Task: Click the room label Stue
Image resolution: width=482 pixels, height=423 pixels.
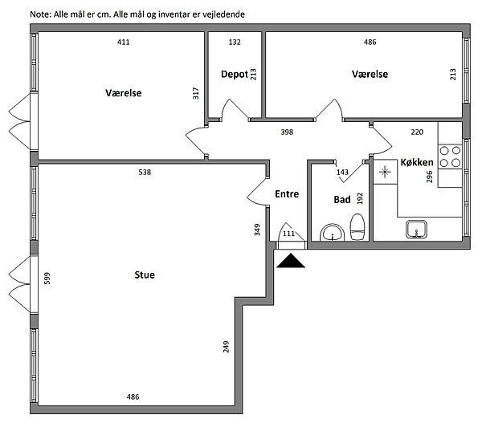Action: coord(145,275)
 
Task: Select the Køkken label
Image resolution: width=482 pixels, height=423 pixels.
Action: coord(417,163)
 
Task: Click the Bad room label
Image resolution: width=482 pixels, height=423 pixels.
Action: coord(342,199)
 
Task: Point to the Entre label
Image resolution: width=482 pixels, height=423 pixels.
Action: coord(288,194)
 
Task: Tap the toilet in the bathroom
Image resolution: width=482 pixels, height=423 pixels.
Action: coord(358,228)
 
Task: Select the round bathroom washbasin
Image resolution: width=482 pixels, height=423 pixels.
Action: coord(331,234)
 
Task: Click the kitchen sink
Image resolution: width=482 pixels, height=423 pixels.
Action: coord(415,230)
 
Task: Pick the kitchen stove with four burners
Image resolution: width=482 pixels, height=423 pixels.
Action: coord(450,156)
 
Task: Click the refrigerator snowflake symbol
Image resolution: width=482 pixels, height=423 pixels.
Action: coord(386,171)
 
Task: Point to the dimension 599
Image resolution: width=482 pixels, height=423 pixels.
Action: coord(47,279)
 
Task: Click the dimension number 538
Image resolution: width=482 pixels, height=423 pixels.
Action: coord(145,172)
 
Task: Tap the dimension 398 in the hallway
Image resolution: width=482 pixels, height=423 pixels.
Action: coord(286,132)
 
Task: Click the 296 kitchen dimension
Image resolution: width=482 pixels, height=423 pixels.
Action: coord(430,177)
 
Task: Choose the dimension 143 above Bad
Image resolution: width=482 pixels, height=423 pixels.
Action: coord(343,172)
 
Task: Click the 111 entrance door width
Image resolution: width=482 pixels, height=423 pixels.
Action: coord(289,234)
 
